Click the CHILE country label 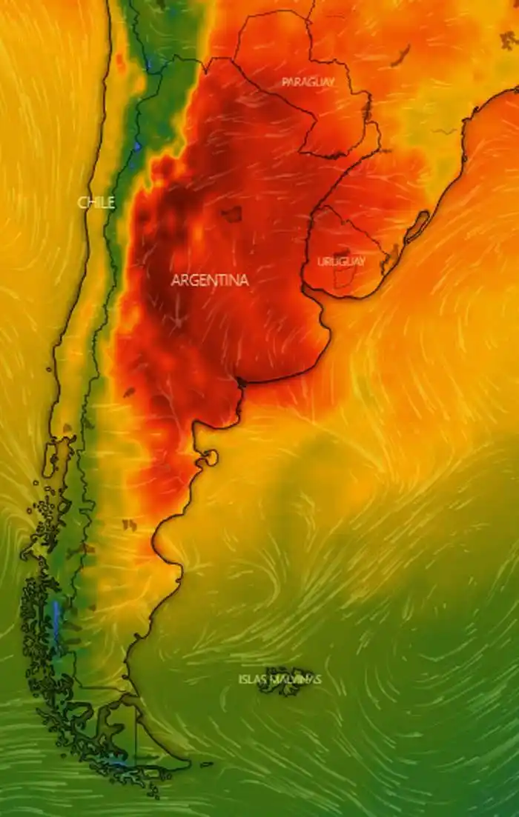[x=96, y=202]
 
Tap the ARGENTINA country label [x=209, y=281]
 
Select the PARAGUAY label [x=308, y=82]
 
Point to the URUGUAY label [x=341, y=261]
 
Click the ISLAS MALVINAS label [x=280, y=679]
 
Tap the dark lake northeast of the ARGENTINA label [x=232, y=214]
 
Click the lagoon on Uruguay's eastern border [x=389, y=260]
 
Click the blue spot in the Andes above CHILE [x=137, y=147]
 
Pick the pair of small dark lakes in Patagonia [x=130, y=525]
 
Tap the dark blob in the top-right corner [x=509, y=40]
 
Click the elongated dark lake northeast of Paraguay [x=402, y=55]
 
